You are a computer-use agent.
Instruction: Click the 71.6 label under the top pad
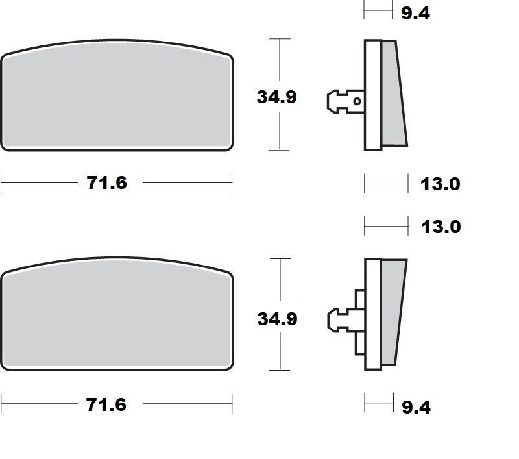tap(107, 184)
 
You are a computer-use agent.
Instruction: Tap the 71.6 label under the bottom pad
tap(107, 405)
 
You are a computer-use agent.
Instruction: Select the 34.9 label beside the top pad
tap(277, 97)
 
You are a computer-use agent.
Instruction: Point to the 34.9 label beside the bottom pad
tap(277, 319)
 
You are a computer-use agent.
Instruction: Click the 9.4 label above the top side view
tap(416, 13)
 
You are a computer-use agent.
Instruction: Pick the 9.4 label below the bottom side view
tap(416, 408)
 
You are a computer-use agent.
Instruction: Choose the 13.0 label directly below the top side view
tap(440, 184)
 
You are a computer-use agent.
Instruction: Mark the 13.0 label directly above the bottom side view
tap(440, 227)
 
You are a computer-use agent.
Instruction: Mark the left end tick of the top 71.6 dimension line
tap(1, 184)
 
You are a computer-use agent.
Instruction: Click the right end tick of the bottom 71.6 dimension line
tap(232, 405)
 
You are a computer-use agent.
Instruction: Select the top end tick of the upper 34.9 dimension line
tap(279, 39)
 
